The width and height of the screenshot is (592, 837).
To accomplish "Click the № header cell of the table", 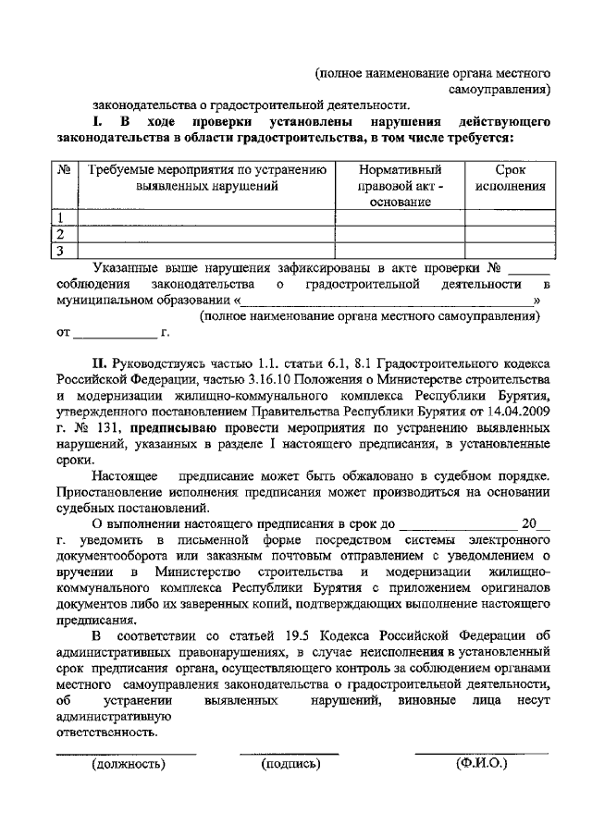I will (65, 171).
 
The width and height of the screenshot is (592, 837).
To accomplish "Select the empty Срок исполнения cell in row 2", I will (510, 235).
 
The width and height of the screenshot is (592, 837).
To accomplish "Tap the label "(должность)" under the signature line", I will (128, 764).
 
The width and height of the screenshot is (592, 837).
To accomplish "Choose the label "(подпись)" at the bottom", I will (290, 764).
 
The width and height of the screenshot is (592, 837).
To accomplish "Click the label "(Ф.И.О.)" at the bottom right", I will (482, 764).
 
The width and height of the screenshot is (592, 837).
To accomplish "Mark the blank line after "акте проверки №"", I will (529, 269).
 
